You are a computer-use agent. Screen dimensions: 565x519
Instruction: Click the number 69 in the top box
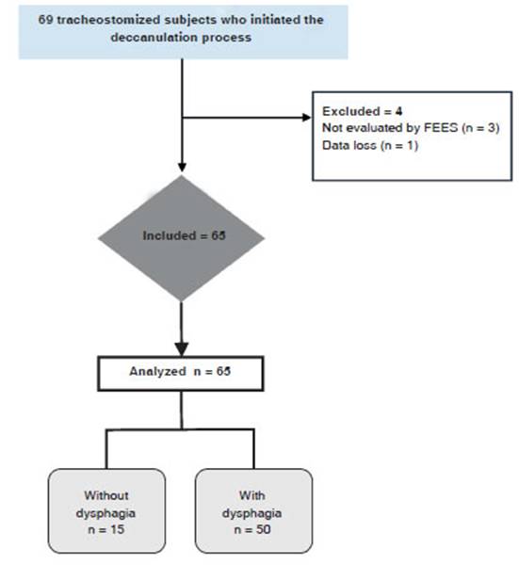click(48, 21)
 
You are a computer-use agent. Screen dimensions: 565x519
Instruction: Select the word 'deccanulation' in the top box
click(150, 40)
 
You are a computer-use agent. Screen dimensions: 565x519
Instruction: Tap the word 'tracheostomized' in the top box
click(103, 21)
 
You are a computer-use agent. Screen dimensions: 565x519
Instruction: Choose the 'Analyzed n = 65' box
click(180, 372)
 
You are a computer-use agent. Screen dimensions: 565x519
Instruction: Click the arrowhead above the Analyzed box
click(181, 347)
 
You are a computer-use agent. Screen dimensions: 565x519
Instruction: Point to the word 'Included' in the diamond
click(166, 235)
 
